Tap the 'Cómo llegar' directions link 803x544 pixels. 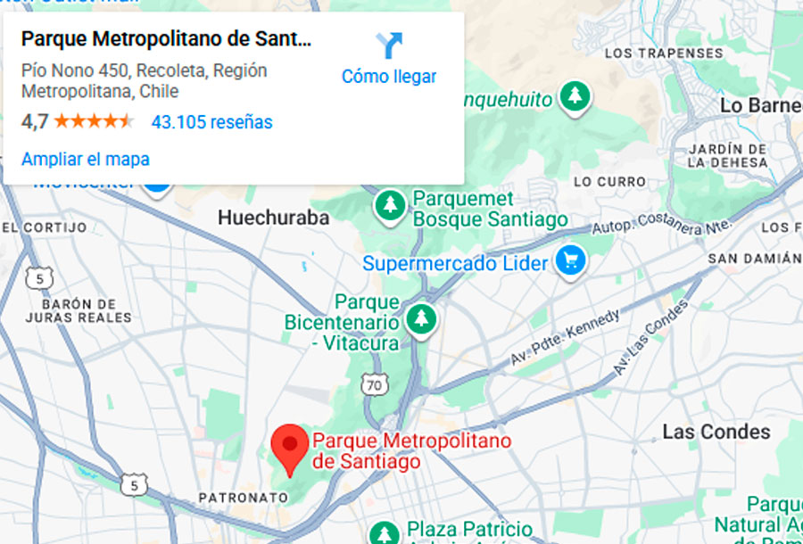point(389,77)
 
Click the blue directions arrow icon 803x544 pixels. point(389,45)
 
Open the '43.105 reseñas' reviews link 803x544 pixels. point(211,122)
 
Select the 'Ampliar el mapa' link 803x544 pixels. point(86,160)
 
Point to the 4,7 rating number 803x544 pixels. point(34,122)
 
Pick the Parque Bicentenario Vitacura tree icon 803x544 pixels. point(420,318)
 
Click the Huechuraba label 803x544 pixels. point(273,218)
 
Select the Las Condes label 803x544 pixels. point(716,433)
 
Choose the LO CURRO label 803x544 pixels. point(609,181)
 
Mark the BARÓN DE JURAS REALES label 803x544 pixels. point(79,310)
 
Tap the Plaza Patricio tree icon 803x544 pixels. point(385,532)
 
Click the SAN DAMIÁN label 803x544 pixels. point(755,259)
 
